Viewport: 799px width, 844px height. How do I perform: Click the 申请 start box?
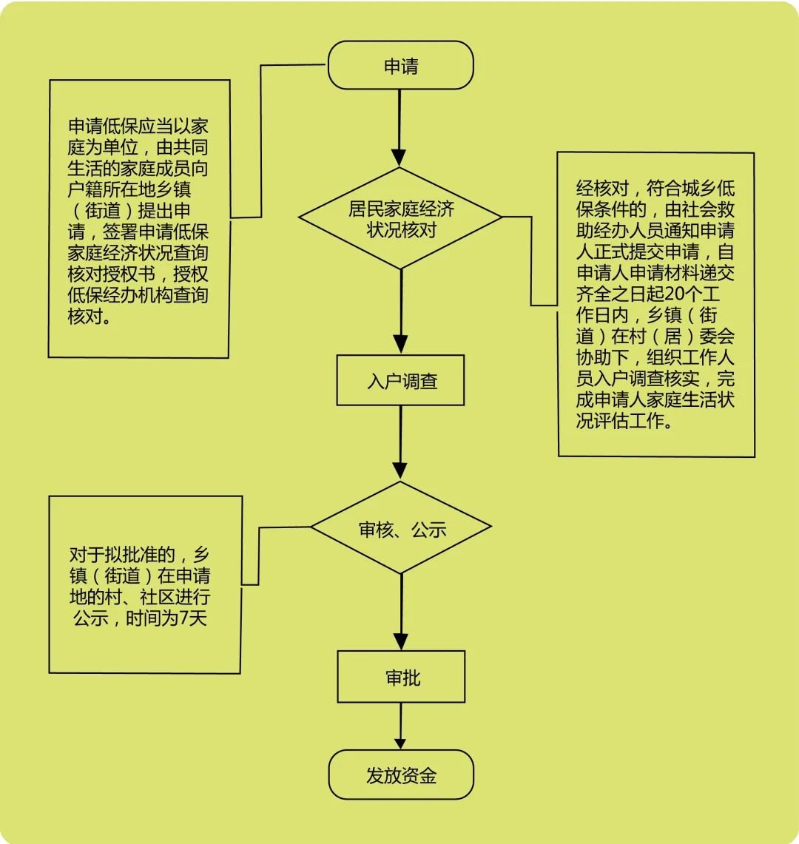tap(400, 66)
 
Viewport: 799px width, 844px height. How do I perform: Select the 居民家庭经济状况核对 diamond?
tap(400, 218)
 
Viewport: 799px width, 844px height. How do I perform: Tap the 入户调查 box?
tap(400, 381)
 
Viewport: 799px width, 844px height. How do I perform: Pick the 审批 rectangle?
tap(401, 677)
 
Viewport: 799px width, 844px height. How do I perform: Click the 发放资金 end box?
tap(400, 774)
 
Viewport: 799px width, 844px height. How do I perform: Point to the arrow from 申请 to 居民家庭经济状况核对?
tap(399, 126)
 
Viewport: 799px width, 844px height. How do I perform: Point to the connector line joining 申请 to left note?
tap(261, 141)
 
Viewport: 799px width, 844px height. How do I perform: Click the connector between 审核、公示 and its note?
tap(258, 555)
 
